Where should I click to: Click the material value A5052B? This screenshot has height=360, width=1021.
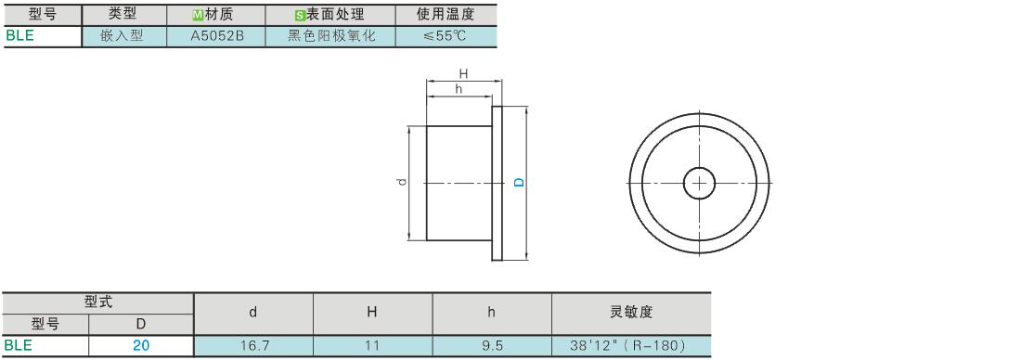tap(217, 36)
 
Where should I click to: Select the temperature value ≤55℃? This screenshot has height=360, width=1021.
tap(446, 36)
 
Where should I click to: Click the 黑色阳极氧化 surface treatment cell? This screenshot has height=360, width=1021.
tap(331, 36)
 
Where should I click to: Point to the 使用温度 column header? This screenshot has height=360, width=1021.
tap(446, 14)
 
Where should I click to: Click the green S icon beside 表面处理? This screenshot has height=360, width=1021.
tap(300, 15)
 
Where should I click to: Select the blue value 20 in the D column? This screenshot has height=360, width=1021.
tap(141, 346)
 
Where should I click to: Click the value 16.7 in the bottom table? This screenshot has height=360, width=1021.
tap(254, 346)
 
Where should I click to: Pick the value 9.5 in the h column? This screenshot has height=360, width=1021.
tap(492, 346)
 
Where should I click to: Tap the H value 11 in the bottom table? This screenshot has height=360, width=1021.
tap(372, 346)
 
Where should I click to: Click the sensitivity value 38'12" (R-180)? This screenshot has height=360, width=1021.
tap(627, 346)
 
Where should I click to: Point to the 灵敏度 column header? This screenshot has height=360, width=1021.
tap(631, 313)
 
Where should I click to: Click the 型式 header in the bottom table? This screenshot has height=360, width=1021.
tap(98, 302)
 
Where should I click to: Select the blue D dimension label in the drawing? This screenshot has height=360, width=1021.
tap(520, 183)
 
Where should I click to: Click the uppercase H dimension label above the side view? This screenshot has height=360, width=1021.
tap(463, 73)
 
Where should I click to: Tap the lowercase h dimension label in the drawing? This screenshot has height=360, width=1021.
tap(459, 89)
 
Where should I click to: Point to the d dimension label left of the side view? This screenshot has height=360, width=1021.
tap(403, 182)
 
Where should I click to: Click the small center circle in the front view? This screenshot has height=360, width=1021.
tap(699, 184)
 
